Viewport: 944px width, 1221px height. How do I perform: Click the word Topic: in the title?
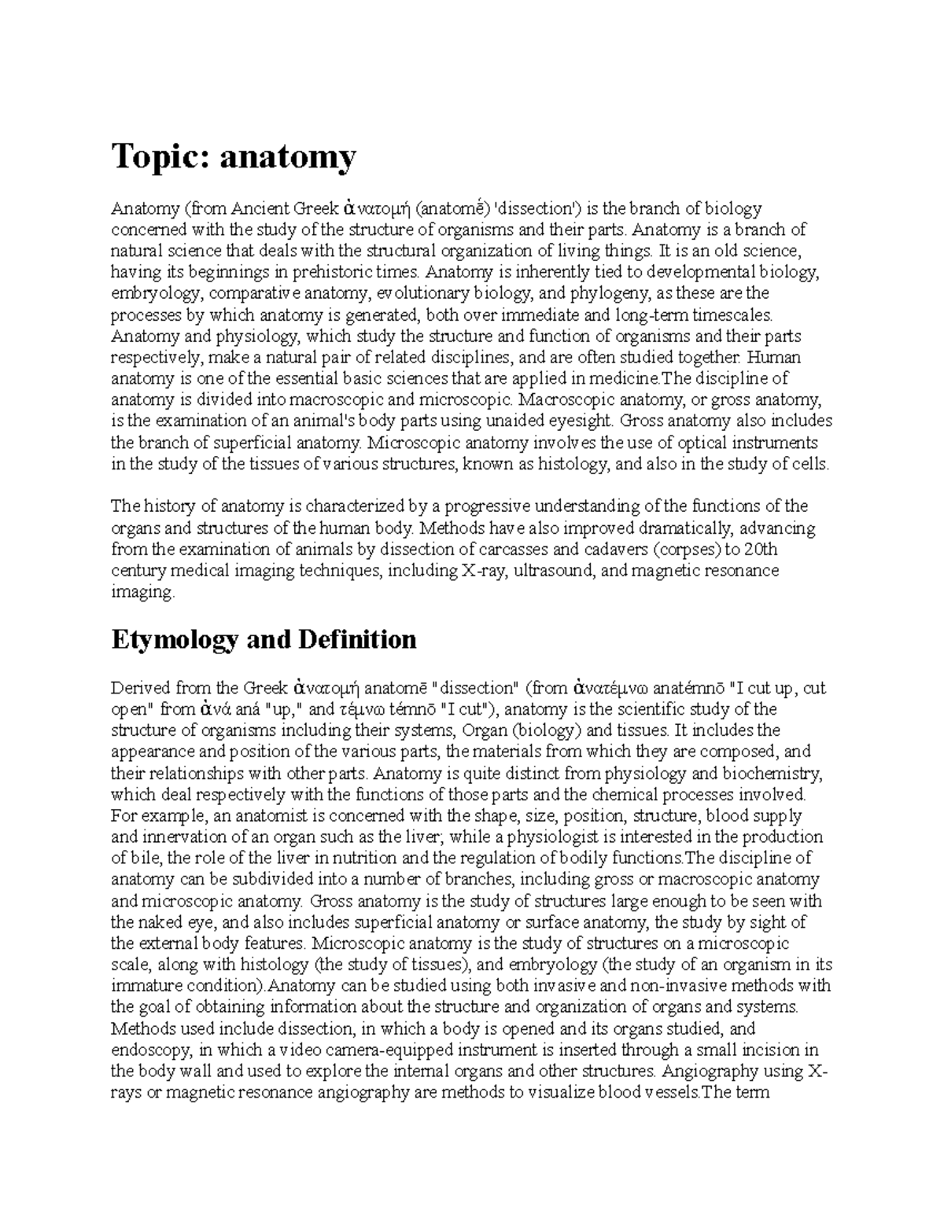click(x=160, y=157)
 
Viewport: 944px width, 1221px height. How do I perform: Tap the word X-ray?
click(x=481, y=571)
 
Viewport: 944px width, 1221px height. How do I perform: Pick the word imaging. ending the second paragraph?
click(x=142, y=592)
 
